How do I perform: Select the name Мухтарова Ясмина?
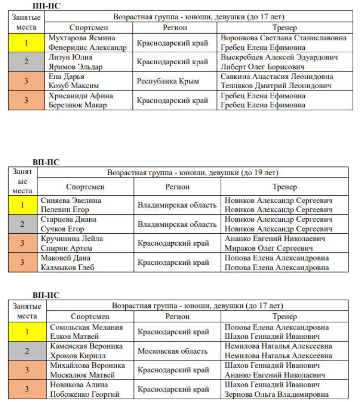[x=82, y=38]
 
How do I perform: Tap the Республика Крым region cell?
[x=168, y=81]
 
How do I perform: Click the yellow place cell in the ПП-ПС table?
[x=26, y=43]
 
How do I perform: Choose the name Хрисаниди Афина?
[x=81, y=95]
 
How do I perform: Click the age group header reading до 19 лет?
[x=192, y=173]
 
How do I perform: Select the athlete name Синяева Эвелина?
[x=71, y=200]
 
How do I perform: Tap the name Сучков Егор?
[x=62, y=229]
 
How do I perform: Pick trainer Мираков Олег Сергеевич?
[x=269, y=248]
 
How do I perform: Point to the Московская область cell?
[x=173, y=351]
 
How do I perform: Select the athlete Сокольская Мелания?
[x=86, y=327]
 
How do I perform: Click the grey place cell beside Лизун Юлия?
[x=26, y=62]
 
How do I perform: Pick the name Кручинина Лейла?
[x=72, y=238]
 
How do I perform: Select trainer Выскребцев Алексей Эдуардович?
[x=286, y=57]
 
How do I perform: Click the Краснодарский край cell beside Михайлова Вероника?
[x=173, y=370]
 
